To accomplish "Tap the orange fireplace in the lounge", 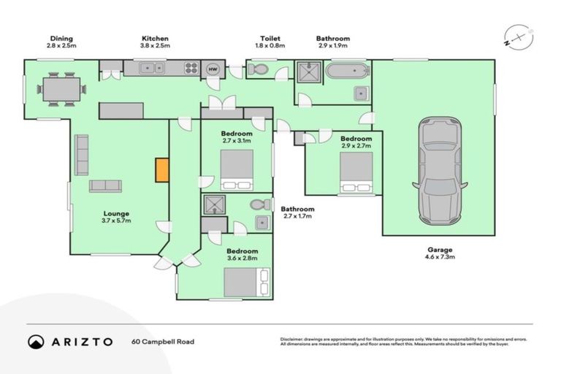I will (x=162, y=169).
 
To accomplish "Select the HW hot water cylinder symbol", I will (x=213, y=69).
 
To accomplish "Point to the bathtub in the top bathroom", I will (x=348, y=71).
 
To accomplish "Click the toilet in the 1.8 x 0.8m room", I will (x=258, y=70).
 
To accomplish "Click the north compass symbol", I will (x=516, y=37).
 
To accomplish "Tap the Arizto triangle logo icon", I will (x=36, y=342).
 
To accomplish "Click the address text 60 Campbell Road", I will (x=163, y=342).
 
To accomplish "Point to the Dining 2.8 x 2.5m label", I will (x=61, y=42).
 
